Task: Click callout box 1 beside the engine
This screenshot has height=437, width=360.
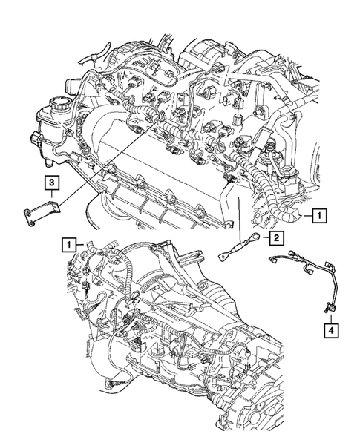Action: click(318, 217)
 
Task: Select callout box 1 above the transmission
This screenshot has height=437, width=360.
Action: click(68, 243)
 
